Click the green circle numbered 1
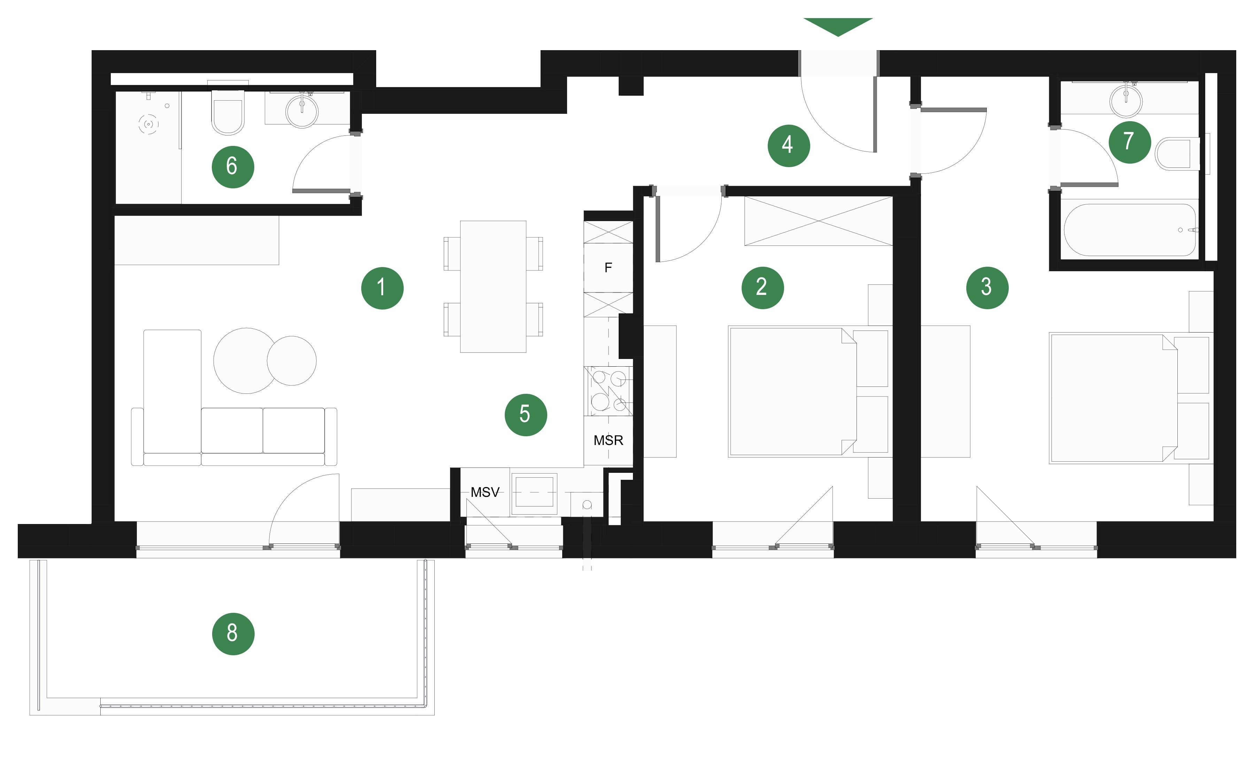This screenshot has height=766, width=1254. [x=382, y=288]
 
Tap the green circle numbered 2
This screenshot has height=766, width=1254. [x=763, y=287]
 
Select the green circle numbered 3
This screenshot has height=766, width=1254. [x=987, y=287]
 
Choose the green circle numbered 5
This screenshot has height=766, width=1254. [x=526, y=415]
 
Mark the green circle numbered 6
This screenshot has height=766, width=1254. [x=233, y=167]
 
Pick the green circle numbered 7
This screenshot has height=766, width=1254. [x=1130, y=142]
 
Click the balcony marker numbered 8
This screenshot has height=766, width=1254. [x=233, y=633]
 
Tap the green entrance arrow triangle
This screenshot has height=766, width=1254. [x=838, y=27]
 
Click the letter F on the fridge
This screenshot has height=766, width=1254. [x=608, y=267]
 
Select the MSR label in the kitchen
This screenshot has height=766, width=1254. [x=608, y=440]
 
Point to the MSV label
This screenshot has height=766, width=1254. [x=485, y=492]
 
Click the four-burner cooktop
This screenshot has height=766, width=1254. [x=609, y=391]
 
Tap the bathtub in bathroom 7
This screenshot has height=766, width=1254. [x=1130, y=230]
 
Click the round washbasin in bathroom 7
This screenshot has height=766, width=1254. [x=1126, y=101]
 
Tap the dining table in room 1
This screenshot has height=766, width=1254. [x=493, y=286]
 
